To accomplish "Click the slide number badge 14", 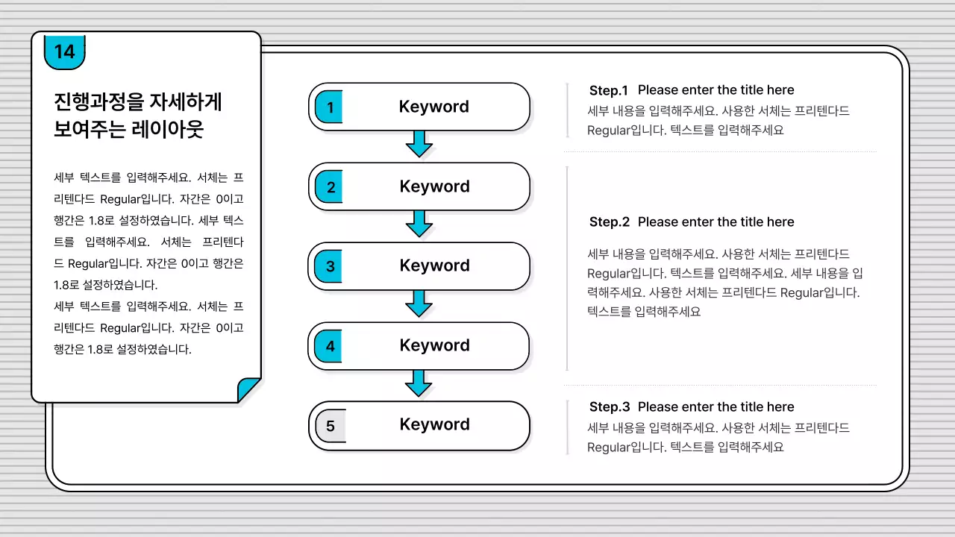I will point(65,51).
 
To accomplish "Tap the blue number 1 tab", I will point(329,107).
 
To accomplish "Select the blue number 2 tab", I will point(330,187).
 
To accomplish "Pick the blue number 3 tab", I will point(329,266).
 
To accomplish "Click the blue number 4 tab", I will point(329,346).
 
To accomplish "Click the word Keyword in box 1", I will point(433,107).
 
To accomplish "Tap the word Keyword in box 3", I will point(434,266).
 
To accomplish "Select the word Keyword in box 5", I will point(434,424).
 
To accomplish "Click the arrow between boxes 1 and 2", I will point(419,143).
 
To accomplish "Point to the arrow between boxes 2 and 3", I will point(419,223).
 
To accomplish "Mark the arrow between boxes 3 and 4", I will point(419,303).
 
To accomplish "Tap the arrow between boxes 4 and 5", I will point(419,383).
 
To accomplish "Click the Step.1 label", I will point(609,90).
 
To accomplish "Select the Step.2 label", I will point(609,222).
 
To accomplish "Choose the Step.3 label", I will point(609,407).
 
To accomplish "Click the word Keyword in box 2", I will point(434,186).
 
